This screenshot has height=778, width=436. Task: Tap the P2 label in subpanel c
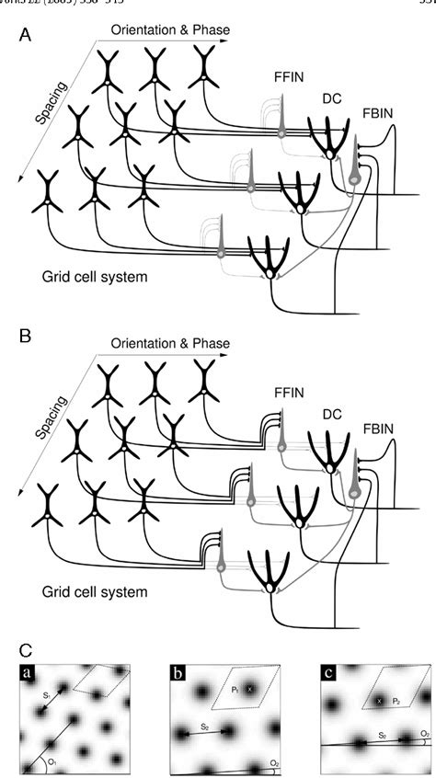pyautogui.click(x=399, y=701)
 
